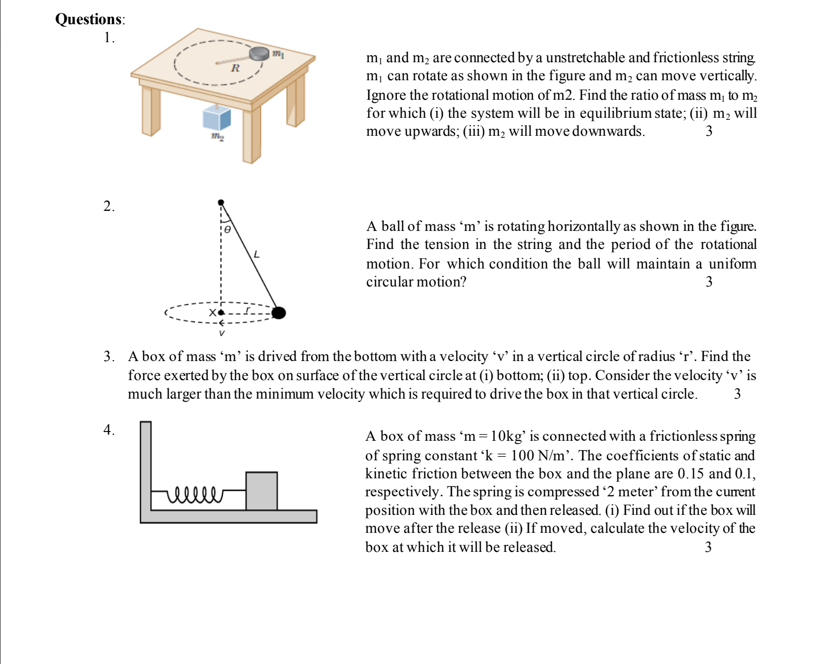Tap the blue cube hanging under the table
pos(216,118)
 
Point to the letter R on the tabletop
pos(235,68)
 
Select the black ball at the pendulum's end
pos(278,313)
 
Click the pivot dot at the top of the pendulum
pos(221,203)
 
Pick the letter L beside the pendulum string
pos(257,255)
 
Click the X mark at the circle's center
pos(213,312)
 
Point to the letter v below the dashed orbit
pos(222,333)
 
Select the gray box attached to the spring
pos(261,491)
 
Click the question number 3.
pos(108,356)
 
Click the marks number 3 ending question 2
pos(709,282)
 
